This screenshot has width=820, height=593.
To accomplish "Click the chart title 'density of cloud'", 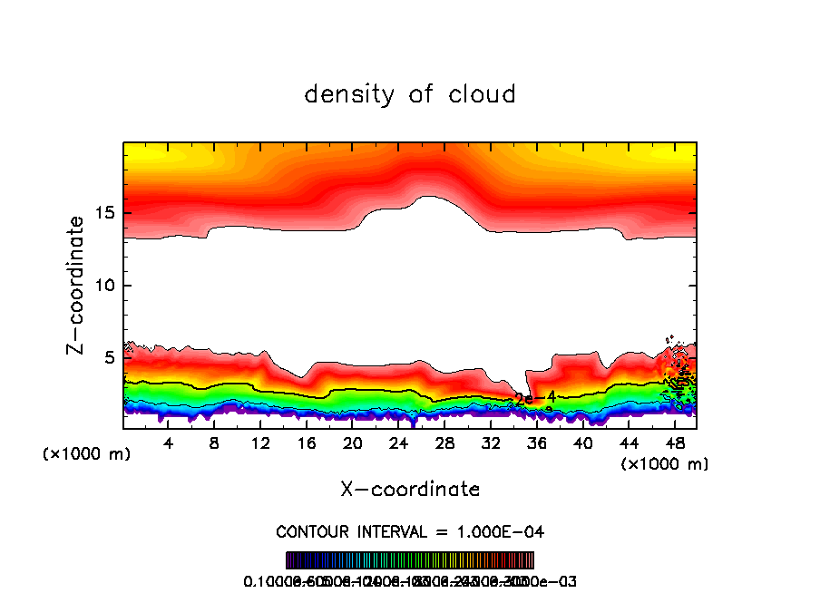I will tap(410, 93).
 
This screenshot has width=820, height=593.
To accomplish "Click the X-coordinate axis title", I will tap(410, 489).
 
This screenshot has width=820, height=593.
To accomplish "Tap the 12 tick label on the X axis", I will tap(260, 443).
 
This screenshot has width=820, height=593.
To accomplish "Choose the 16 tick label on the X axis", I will tap(307, 443).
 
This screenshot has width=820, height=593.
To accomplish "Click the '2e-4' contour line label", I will tap(534, 397).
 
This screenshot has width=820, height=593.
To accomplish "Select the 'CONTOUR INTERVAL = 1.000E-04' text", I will tap(410, 530).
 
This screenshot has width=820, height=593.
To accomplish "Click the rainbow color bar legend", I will tap(410, 559).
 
